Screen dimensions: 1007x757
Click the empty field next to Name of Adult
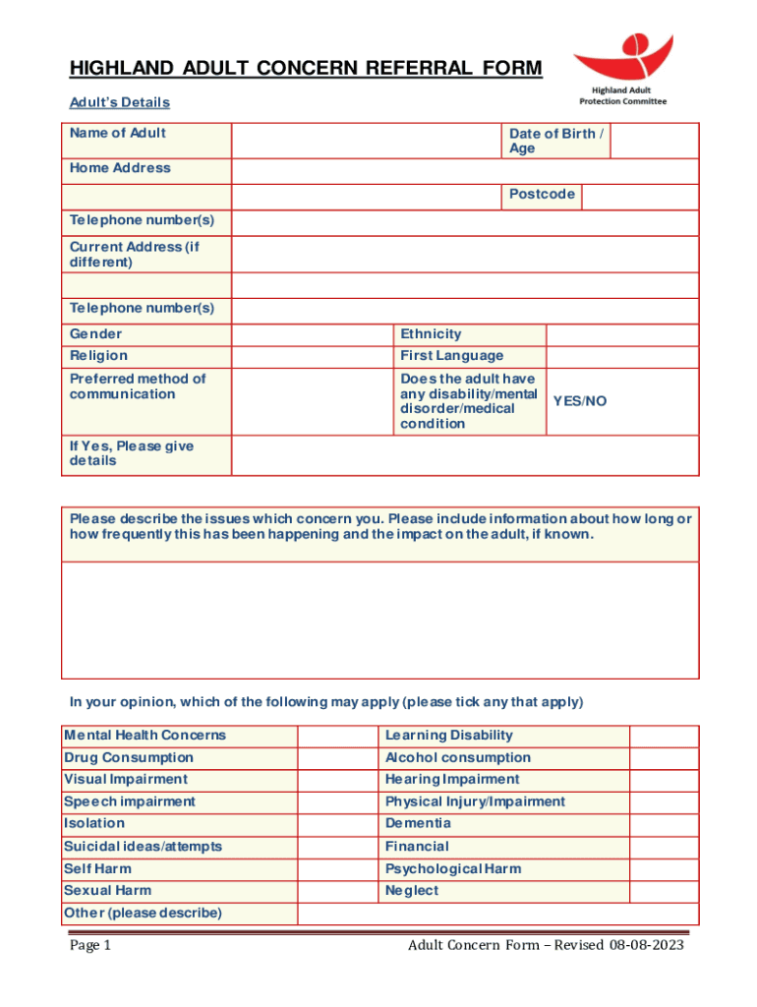[366, 140]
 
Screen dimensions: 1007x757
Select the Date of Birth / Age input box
[654, 140]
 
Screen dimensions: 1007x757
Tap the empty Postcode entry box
[639, 197]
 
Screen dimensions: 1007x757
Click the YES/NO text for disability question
[580, 401]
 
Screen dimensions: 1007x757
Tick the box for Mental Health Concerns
[336, 736]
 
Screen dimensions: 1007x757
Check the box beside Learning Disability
[664, 736]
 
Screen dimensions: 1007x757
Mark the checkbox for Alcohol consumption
[664, 758]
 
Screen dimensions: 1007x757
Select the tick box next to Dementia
[664, 824]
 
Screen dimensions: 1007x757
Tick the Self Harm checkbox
[336, 869]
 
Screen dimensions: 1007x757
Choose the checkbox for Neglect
[664, 891]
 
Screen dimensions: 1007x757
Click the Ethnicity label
[431, 334]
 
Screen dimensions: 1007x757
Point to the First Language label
[451, 356]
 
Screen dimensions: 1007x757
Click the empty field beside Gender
[312, 334]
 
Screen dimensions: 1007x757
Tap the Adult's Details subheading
[119, 102]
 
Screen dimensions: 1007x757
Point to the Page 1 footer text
[90, 946]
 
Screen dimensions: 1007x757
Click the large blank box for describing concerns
[379, 620]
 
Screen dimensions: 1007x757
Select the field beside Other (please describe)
[497, 914]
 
